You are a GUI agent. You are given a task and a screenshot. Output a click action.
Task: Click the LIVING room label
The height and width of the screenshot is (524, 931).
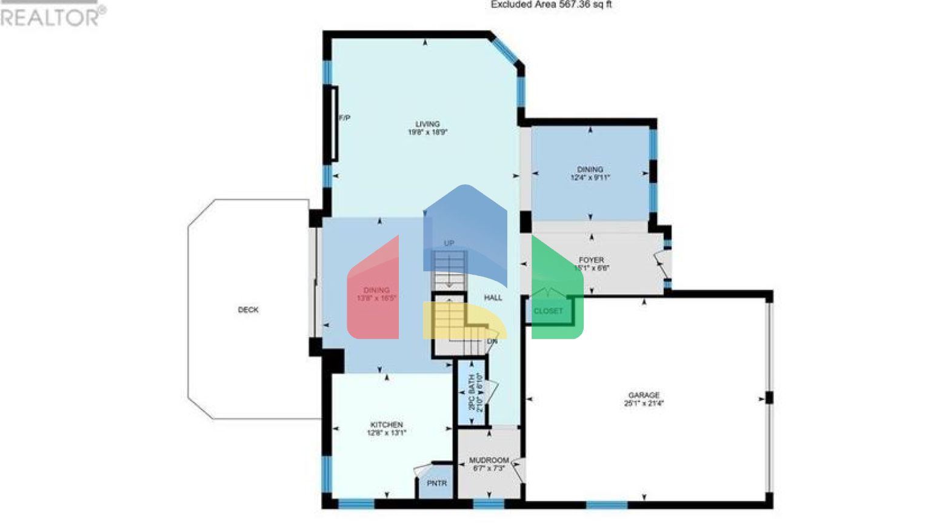click(427, 124)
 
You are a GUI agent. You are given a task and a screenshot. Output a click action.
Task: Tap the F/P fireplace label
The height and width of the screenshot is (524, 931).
click(344, 118)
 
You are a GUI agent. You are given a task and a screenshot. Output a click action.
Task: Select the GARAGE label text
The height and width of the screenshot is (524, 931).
click(644, 395)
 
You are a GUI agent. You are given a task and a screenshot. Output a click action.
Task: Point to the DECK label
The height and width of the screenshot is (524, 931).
click(248, 310)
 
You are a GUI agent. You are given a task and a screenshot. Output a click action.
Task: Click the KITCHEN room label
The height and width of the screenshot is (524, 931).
click(387, 425)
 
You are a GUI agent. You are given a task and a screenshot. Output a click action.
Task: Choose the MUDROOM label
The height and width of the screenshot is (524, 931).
click(489, 460)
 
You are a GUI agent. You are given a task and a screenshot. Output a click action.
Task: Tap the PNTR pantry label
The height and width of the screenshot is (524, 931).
click(436, 483)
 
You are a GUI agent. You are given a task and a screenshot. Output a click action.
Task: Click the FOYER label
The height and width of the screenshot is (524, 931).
click(591, 260)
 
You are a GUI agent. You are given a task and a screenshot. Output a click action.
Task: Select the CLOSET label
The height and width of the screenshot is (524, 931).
click(548, 311)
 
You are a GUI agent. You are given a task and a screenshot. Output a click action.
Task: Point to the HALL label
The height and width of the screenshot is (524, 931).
click(493, 298)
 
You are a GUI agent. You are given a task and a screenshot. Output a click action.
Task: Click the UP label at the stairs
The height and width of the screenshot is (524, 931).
click(449, 243)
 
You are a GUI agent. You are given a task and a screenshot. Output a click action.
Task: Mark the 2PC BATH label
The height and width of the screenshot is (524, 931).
click(472, 392)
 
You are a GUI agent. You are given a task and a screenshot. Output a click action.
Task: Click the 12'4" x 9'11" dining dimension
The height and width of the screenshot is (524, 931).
click(590, 178)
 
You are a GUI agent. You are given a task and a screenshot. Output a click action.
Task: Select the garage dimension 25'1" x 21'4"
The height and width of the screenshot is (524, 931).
click(644, 403)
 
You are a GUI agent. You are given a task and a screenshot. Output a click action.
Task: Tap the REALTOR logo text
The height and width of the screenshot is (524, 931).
click(52, 17)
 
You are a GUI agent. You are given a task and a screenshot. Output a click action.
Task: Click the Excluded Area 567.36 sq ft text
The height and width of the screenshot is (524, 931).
click(551, 5)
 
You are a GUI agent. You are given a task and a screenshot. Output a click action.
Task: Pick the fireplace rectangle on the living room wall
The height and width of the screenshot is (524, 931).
click(333, 124)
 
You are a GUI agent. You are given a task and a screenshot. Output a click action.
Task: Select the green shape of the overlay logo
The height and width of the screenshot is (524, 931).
click(556, 291)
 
